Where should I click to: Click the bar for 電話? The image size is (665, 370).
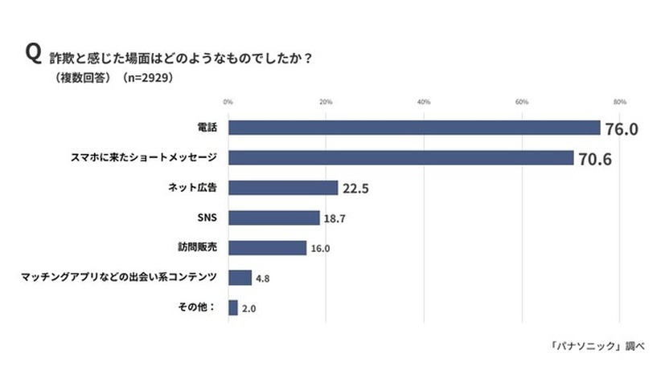click(414, 128)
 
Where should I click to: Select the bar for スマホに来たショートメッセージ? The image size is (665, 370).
click(400, 158)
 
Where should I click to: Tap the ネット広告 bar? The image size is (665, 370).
click(283, 188)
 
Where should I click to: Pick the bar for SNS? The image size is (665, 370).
click(273, 218)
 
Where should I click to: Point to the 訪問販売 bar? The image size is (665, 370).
click(267, 247)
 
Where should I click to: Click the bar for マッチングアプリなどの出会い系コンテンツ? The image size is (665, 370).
click(240, 278)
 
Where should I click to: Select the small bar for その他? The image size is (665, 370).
click(233, 307)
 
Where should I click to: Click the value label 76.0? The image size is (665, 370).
click(622, 129)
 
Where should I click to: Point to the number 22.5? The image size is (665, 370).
click(355, 189)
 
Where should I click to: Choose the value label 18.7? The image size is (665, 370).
click(334, 218)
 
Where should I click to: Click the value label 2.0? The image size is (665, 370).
click(249, 308)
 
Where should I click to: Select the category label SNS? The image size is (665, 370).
click(208, 218)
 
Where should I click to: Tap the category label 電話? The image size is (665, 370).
click(207, 128)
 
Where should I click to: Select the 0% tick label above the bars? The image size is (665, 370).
click(228, 102)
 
